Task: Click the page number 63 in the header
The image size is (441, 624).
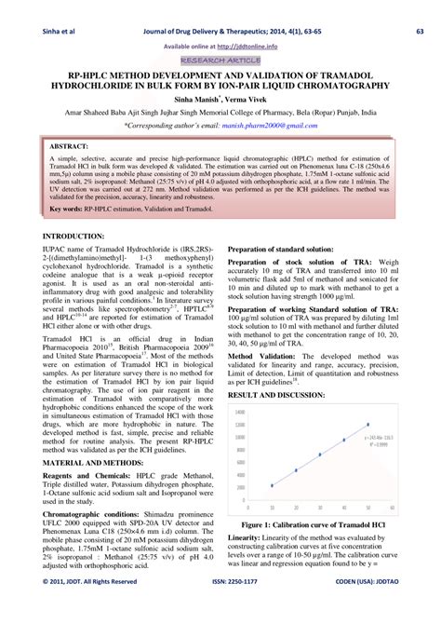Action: click(421, 9)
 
